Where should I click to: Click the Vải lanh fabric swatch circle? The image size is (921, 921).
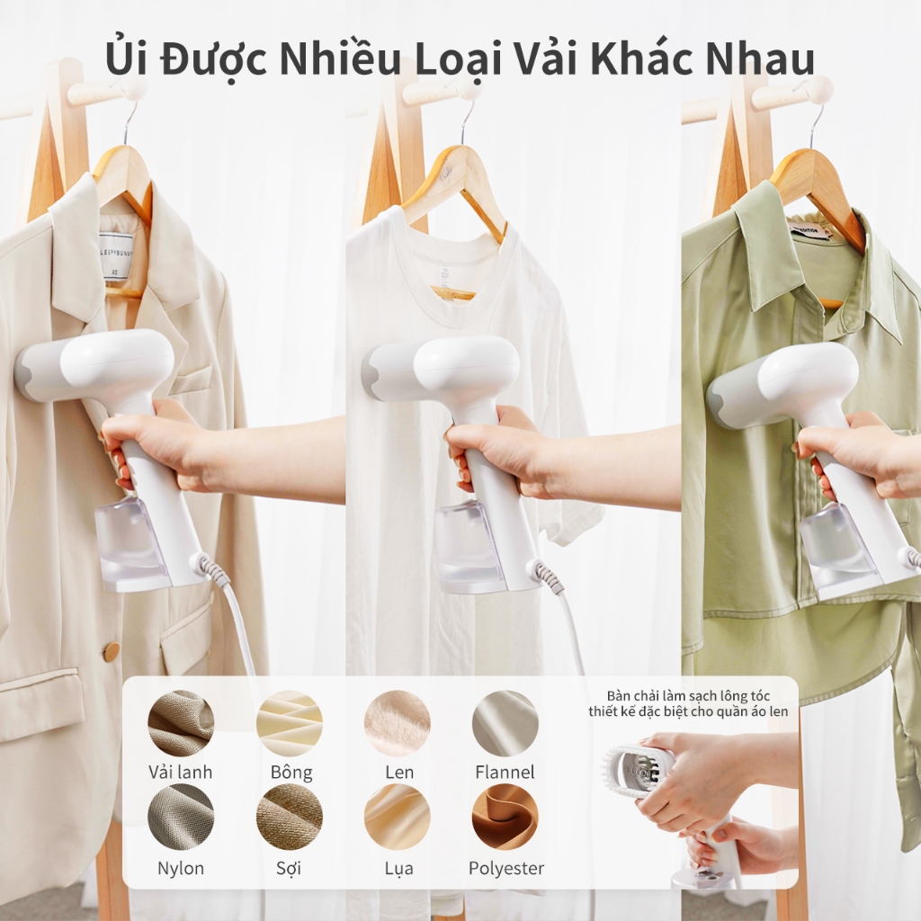pyautogui.click(x=181, y=723)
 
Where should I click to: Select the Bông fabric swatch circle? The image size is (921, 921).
pyautogui.click(x=290, y=723)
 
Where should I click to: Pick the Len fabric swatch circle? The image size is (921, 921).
pyautogui.click(x=398, y=723)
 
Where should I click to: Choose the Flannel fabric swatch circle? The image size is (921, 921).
pyautogui.click(x=505, y=723)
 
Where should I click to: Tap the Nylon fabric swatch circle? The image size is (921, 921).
pyautogui.click(x=181, y=817)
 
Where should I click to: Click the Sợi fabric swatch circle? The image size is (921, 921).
pyautogui.click(x=290, y=817)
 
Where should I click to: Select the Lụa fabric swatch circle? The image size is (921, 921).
pyautogui.click(x=398, y=817)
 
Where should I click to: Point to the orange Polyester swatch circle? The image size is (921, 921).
pyautogui.click(x=505, y=817)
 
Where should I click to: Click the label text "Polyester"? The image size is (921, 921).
pyautogui.click(x=506, y=869)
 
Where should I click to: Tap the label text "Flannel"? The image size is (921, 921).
pyautogui.click(x=505, y=772)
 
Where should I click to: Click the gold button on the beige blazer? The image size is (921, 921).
pyautogui.click(x=111, y=651)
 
